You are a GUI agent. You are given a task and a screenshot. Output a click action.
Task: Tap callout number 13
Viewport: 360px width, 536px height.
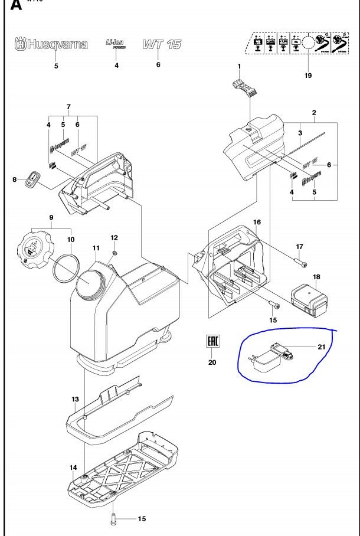(x=75, y=400)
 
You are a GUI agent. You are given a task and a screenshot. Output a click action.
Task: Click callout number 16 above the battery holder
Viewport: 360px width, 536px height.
(x=257, y=222)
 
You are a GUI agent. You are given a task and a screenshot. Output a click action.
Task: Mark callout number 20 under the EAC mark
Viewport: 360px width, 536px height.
(x=212, y=362)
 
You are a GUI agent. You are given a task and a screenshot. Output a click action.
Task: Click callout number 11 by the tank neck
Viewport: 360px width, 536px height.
(x=96, y=249)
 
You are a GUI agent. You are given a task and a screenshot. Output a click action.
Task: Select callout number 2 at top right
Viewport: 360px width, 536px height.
(x=315, y=112)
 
